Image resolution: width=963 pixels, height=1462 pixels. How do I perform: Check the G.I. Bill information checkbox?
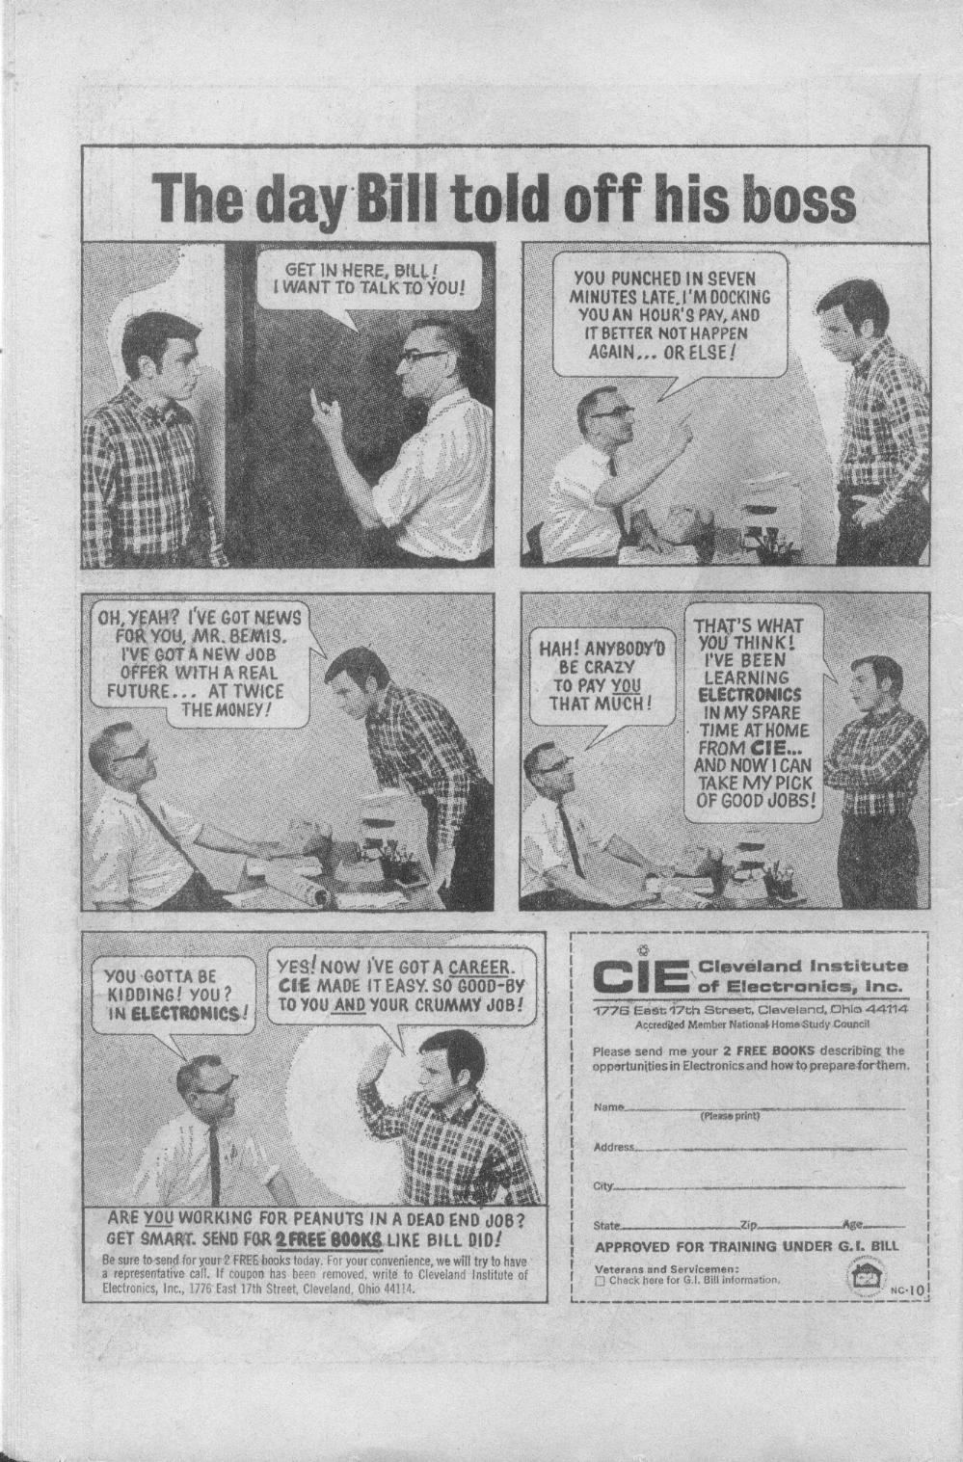click(x=600, y=1281)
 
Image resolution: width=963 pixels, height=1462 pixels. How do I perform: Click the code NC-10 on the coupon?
click(x=907, y=1289)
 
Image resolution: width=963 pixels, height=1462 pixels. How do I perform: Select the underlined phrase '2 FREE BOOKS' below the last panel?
click(x=329, y=1239)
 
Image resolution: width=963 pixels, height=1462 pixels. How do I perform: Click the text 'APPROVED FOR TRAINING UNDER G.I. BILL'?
click(x=747, y=1247)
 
